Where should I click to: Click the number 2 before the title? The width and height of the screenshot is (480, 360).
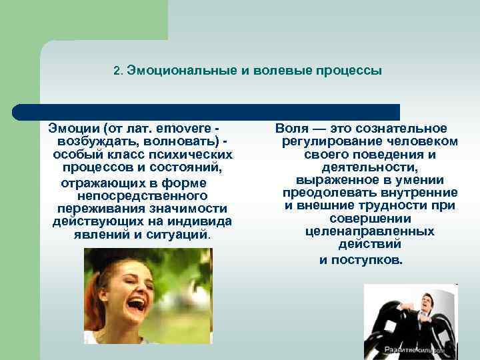117,71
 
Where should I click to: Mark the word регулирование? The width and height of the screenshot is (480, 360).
326,141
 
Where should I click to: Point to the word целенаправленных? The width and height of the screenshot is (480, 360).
370,231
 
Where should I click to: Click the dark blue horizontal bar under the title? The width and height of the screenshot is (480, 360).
207,112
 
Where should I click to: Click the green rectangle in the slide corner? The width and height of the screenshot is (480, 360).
83,20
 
